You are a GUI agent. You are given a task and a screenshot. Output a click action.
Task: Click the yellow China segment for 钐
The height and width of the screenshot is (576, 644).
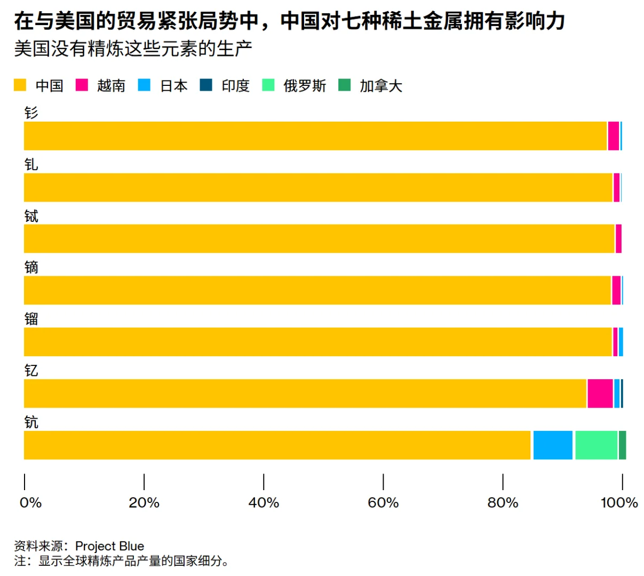[315, 136]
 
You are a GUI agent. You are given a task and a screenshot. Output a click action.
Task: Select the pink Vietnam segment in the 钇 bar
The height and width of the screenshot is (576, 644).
[600, 394]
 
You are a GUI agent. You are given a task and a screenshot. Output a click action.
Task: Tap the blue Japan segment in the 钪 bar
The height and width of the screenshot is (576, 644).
[552, 445]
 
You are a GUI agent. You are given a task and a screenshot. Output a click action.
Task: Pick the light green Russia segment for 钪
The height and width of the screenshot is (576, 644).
[595, 445]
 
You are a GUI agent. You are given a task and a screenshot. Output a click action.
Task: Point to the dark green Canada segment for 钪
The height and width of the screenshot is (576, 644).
[622, 445]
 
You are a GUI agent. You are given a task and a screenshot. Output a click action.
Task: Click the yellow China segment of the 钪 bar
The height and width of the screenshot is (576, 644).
[277, 445]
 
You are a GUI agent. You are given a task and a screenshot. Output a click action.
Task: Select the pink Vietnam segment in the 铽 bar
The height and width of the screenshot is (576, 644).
[618, 239]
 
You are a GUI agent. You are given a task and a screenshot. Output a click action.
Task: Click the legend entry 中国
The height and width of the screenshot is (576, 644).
[49, 86]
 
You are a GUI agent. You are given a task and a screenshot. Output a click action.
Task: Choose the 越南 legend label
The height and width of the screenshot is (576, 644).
[111, 86]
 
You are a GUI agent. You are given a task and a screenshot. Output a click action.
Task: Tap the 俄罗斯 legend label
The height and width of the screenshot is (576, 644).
[304, 86]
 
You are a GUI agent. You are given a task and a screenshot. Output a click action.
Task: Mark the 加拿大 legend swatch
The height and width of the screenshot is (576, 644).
[345, 85]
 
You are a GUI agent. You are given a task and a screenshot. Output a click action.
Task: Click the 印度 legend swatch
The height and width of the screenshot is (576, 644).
[206, 85]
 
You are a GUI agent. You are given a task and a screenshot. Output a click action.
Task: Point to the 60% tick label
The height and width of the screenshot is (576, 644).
[383, 503]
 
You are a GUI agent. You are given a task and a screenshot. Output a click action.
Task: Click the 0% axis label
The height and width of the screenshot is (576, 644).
[30, 503]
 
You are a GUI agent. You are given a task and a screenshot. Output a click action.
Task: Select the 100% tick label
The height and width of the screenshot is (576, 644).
[619, 503]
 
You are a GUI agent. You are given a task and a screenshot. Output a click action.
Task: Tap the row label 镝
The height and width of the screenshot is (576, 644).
[31, 268]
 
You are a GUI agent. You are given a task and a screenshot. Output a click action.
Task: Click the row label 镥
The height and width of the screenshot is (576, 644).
[31, 319]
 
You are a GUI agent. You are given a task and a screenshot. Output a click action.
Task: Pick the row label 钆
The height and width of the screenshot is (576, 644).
[31, 165]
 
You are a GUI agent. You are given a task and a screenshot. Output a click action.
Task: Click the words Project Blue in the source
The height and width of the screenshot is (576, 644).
[109, 546]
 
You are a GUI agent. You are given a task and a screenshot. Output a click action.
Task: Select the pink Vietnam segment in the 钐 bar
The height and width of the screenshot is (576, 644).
[613, 136]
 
